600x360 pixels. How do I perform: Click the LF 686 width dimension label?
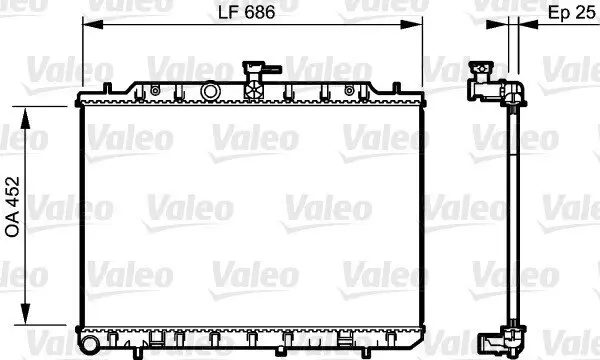point(246,14)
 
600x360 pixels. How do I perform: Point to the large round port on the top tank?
point(210,92)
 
